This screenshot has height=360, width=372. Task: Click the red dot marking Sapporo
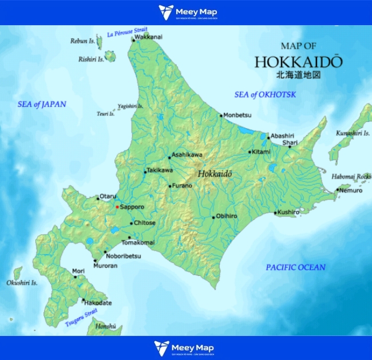(x=117, y=207)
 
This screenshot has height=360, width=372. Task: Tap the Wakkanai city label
(x=148, y=38)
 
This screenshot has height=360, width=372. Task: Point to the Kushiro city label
(x=288, y=212)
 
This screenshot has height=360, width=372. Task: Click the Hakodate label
(x=99, y=303)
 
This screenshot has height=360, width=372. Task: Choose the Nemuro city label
(x=351, y=190)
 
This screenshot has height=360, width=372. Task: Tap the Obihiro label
(x=227, y=216)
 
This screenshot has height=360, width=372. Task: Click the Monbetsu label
(x=237, y=115)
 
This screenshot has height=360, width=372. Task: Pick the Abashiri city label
(x=282, y=136)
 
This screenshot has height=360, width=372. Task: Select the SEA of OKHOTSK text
(x=265, y=94)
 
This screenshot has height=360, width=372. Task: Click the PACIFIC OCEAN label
(x=295, y=267)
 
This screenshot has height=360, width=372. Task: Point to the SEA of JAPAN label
(x=41, y=104)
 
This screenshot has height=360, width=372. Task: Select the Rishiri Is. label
(x=91, y=59)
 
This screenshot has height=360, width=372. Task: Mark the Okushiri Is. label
(x=22, y=283)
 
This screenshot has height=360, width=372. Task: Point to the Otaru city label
(x=108, y=196)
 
